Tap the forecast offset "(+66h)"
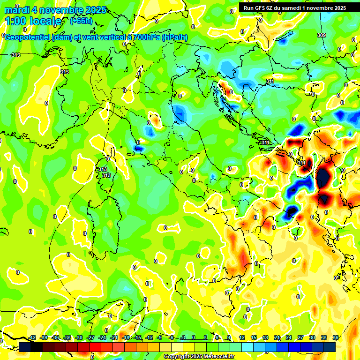81,21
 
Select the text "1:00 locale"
33,21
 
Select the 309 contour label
321,35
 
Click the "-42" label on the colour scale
32,337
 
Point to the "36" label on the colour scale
336,337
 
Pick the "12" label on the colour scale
242,337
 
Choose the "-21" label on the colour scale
114,337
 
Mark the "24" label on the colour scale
289,337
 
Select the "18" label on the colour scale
265,337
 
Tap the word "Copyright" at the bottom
176,356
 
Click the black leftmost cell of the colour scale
24,347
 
